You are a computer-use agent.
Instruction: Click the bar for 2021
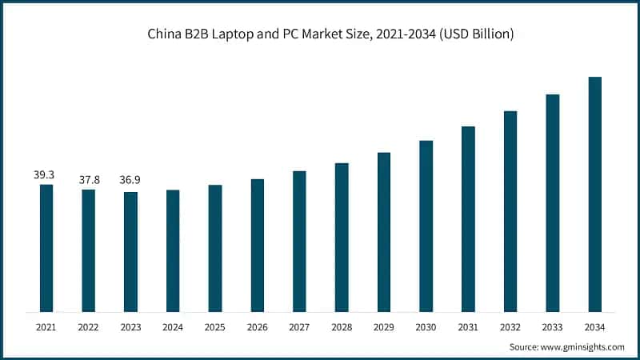pyautogui.click(x=46, y=248)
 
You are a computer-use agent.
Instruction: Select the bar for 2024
pyautogui.click(x=173, y=250)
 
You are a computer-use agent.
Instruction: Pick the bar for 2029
pyautogui.click(x=384, y=232)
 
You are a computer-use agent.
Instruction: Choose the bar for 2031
pyautogui.click(x=468, y=219)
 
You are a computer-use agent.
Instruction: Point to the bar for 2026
pyautogui.click(x=257, y=245)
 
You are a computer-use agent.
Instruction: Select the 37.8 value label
pyautogui.click(x=89, y=180)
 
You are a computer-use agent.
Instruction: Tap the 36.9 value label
pyautogui.click(x=130, y=182)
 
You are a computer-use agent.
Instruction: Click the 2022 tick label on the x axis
pyautogui.click(x=89, y=326)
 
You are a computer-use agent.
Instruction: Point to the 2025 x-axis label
pyautogui.click(x=215, y=326)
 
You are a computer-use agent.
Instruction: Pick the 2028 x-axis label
pyautogui.click(x=342, y=326)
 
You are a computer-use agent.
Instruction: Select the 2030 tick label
pyautogui.click(x=426, y=326)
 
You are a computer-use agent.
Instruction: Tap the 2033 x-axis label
pyautogui.click(x=552, y=326)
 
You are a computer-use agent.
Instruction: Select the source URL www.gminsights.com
pyautogui.click(x=582, y=347)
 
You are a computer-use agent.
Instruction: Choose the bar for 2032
pyautogui.click(x=510, y=211)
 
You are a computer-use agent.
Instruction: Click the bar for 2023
pyautogui.click(x=130, y=252)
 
